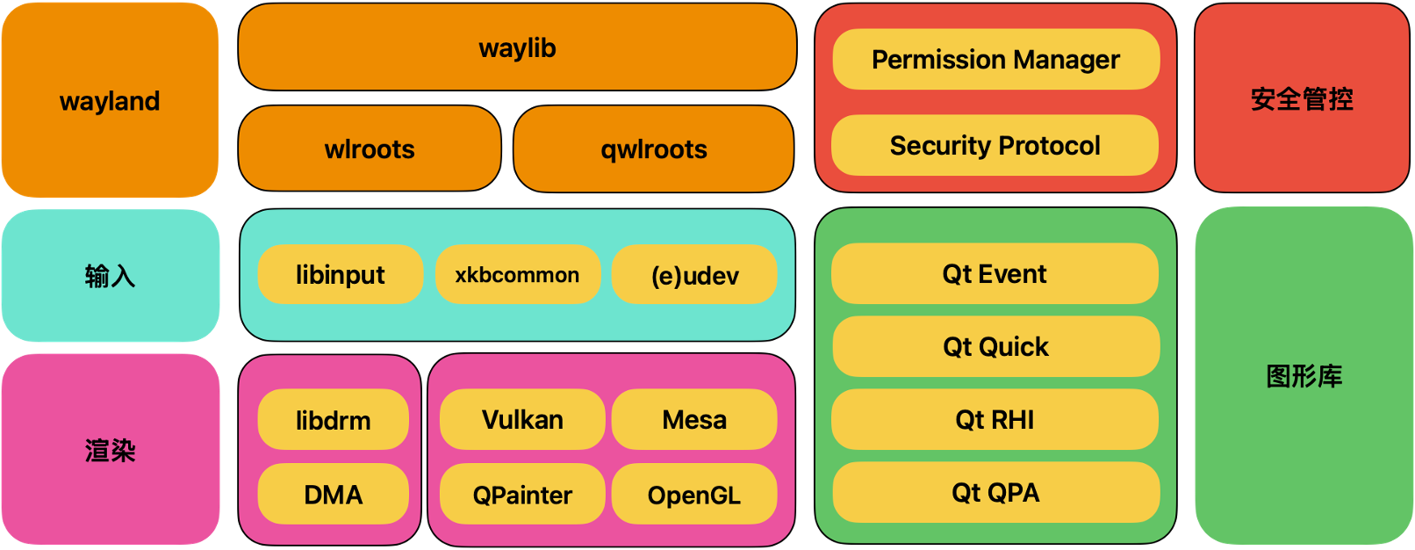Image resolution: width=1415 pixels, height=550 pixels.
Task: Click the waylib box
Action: tap(517, 47)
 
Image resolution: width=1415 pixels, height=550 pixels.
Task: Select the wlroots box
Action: tap(370, 148)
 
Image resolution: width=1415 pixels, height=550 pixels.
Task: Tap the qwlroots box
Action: tap(654, 148)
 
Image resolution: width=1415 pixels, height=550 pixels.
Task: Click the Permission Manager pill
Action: tap(995, 59)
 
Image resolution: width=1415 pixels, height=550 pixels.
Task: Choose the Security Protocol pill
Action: tap(995, 145)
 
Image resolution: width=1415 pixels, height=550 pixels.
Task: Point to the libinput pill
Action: tap(341, 275)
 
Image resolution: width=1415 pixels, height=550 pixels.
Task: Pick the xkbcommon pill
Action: tap(517, 275)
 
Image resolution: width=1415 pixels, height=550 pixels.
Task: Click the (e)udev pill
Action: tap(694, 275)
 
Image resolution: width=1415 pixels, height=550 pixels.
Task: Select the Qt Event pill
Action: tap(995, 274)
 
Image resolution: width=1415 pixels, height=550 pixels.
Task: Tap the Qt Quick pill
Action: tap(995, 347)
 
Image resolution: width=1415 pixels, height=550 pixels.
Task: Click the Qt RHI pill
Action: tap(995, 420)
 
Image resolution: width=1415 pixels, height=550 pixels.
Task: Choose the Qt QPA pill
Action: tap(995, 492)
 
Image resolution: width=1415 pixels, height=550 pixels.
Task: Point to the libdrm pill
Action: tap(333, 420)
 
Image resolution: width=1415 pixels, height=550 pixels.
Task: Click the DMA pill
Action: tap(333, 495)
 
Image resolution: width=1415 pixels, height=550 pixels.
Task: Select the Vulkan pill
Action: tap(522, 420)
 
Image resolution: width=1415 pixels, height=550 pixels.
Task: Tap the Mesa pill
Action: tap(694, 420)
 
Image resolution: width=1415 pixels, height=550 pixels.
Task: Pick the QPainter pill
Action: tap(522, 495)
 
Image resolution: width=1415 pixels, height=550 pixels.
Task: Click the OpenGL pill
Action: tap(694, 495)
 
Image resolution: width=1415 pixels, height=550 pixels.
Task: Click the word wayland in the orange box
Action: tap(110, 101)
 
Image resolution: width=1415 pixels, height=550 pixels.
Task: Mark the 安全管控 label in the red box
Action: tap(1302, 98)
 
